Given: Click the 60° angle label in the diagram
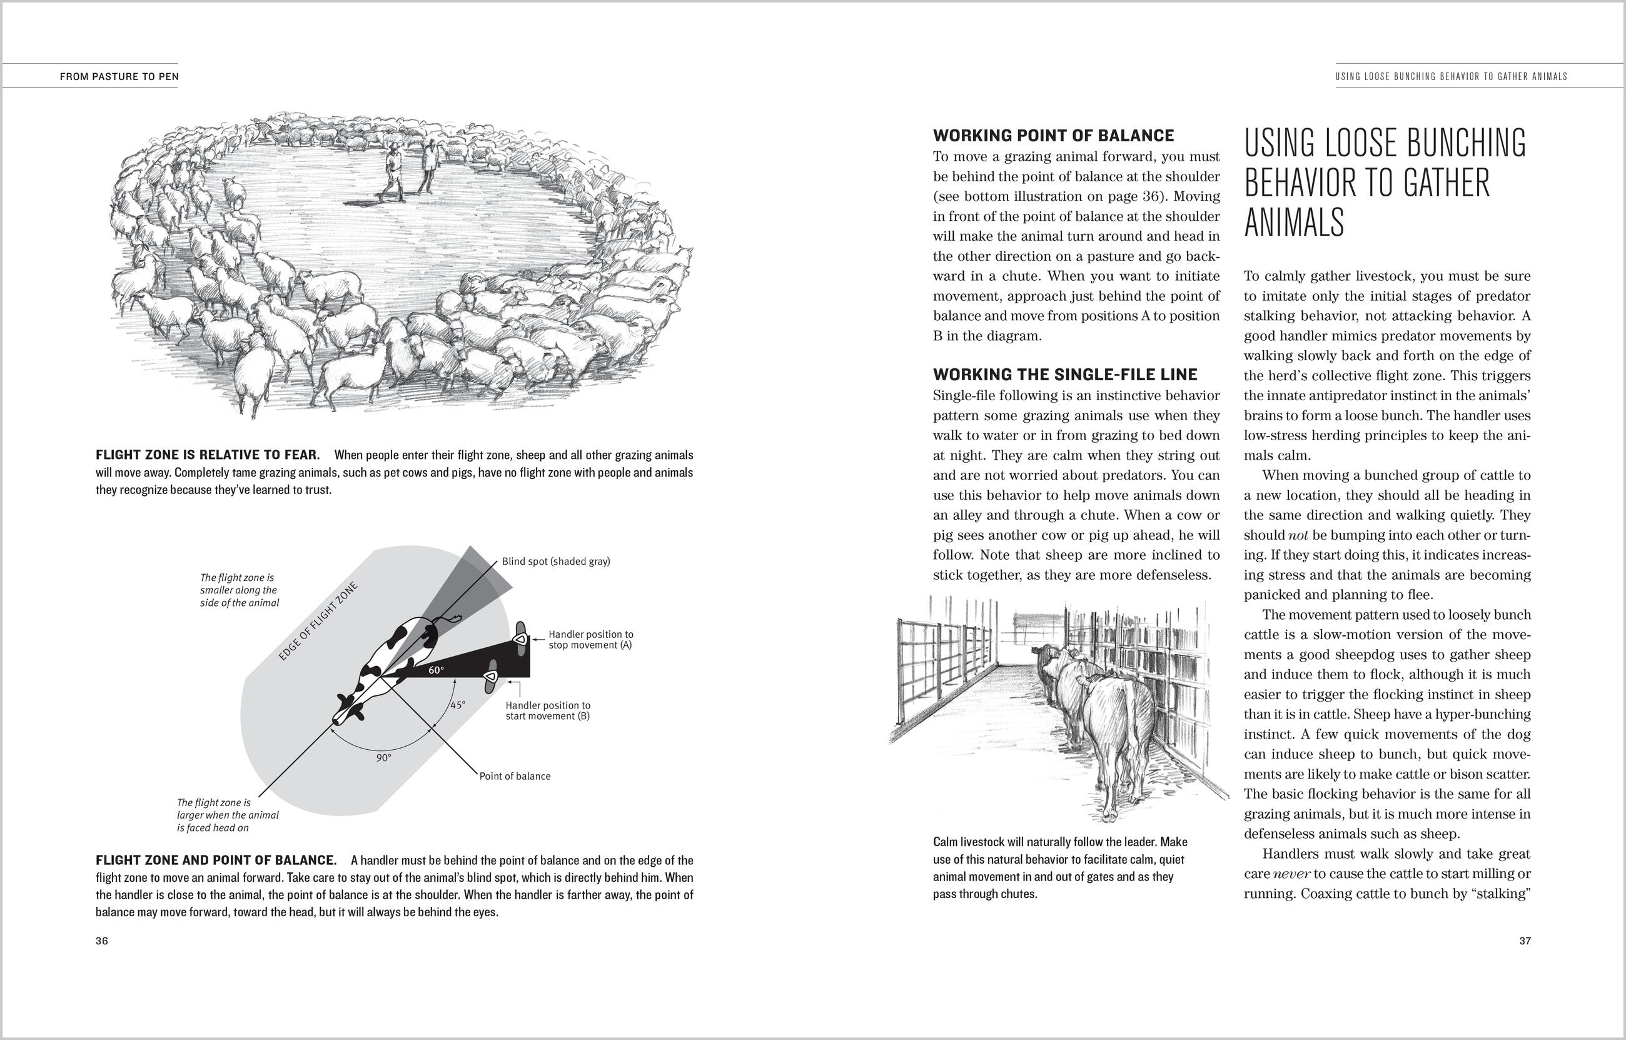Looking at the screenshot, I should (x=437, y=670).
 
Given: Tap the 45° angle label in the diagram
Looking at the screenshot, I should (x=458, y=705).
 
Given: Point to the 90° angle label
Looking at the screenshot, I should (x=383, y=758).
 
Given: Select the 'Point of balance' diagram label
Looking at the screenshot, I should (x=515, y=776).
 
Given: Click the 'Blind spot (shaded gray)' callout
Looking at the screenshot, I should (x=556, y=561).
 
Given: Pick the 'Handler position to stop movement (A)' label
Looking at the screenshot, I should (x=590, y=640).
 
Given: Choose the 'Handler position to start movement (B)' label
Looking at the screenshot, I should (x=548, y=710).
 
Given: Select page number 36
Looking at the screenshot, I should (x=102, y=941).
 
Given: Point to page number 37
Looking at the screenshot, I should (x=1525, y=941).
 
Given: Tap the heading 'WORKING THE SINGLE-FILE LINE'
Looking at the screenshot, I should (x=1065, y=375).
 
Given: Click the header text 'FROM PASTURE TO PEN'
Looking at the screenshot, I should (x=119, y=77).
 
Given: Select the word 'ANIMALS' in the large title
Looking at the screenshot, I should (x=1294, y=222).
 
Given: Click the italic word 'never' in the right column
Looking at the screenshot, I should (x=1291, y=874).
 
